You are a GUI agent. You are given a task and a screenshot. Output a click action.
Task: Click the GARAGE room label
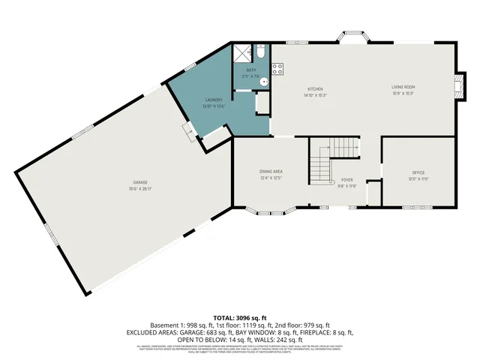click(140, 183)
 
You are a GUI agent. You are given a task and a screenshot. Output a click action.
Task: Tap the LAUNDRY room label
click(214, 100)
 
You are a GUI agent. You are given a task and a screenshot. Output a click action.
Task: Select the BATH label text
click(250, 70)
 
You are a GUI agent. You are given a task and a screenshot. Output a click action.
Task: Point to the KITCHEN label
click(314, 88)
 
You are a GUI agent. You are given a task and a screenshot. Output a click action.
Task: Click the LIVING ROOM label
click(403, 88)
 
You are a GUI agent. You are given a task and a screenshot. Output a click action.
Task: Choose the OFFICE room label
click(418, 172)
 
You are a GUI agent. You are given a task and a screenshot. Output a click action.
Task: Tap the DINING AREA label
click(271, 172)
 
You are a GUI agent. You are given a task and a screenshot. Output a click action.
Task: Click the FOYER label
click(346, 180)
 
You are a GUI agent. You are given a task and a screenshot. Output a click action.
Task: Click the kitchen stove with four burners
click(277, 69)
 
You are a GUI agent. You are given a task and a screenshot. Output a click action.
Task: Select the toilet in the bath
click(259, 52)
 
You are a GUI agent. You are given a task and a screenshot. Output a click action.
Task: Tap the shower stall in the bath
click(242, 52)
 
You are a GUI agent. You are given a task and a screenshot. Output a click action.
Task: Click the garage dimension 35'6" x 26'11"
click(140, 189)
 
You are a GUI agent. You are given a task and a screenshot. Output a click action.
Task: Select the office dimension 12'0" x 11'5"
click(418, 178)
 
